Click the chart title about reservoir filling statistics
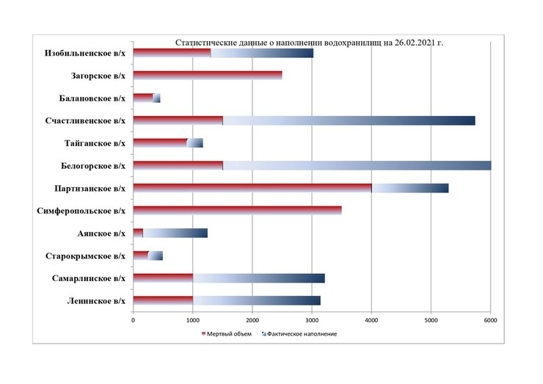pos(309,43)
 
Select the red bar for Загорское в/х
pos(208,76)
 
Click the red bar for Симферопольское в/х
pos(237,211)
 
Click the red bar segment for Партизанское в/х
pos(252,188)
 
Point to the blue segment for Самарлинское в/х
pos(258,278)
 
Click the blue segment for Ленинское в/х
pos(256,300)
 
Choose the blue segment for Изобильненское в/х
pos(262,53)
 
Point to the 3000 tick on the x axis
pos(312,320)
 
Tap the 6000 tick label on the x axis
pos(491,320)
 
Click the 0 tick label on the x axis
pos(133,320)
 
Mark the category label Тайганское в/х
pos(93,143)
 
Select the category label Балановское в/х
pos(92,98)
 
